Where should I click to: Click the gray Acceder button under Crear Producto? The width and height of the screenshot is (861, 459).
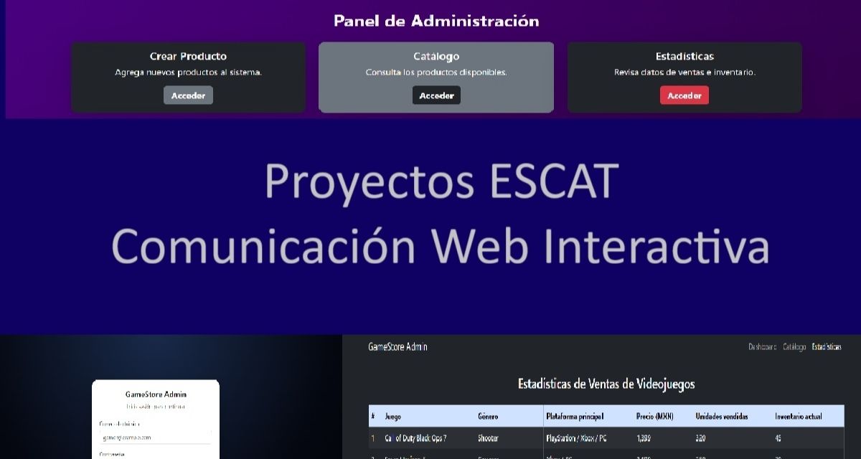188,95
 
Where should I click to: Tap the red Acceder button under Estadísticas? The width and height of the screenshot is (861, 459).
684,95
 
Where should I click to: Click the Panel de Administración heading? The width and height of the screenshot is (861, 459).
436,21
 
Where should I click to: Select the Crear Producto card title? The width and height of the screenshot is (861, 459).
188,56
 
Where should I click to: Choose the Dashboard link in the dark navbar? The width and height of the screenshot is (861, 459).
762,347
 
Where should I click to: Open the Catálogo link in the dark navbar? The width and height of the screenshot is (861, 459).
794,347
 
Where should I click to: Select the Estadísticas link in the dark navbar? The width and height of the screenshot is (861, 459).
827,347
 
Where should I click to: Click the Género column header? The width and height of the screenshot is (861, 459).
488,417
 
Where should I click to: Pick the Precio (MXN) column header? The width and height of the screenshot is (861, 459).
654,417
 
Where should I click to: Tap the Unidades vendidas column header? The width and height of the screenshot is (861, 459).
723,417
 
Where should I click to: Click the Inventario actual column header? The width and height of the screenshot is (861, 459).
799,417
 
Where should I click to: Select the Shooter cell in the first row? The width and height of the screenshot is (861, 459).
488,438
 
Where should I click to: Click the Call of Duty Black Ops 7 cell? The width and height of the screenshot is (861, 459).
416,438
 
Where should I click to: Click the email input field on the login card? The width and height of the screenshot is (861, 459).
155,437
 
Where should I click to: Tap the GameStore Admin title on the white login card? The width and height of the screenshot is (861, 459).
156,394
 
